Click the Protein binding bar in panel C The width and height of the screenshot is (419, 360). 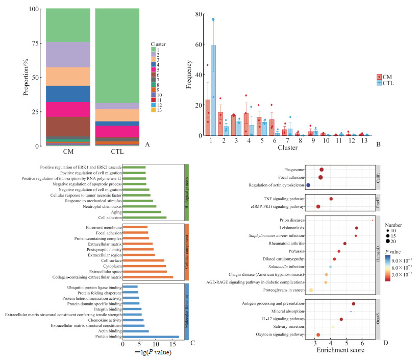coord(151,337)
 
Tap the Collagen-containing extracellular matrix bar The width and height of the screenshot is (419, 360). coord(148,277)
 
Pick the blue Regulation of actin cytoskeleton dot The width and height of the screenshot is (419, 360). coord(308,185)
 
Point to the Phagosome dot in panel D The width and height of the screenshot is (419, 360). coord(322,170)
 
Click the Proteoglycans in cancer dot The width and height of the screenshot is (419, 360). coord(311,290)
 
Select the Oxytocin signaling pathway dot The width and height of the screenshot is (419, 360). coord(318,335)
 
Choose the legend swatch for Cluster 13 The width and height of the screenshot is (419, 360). coord(154,110)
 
